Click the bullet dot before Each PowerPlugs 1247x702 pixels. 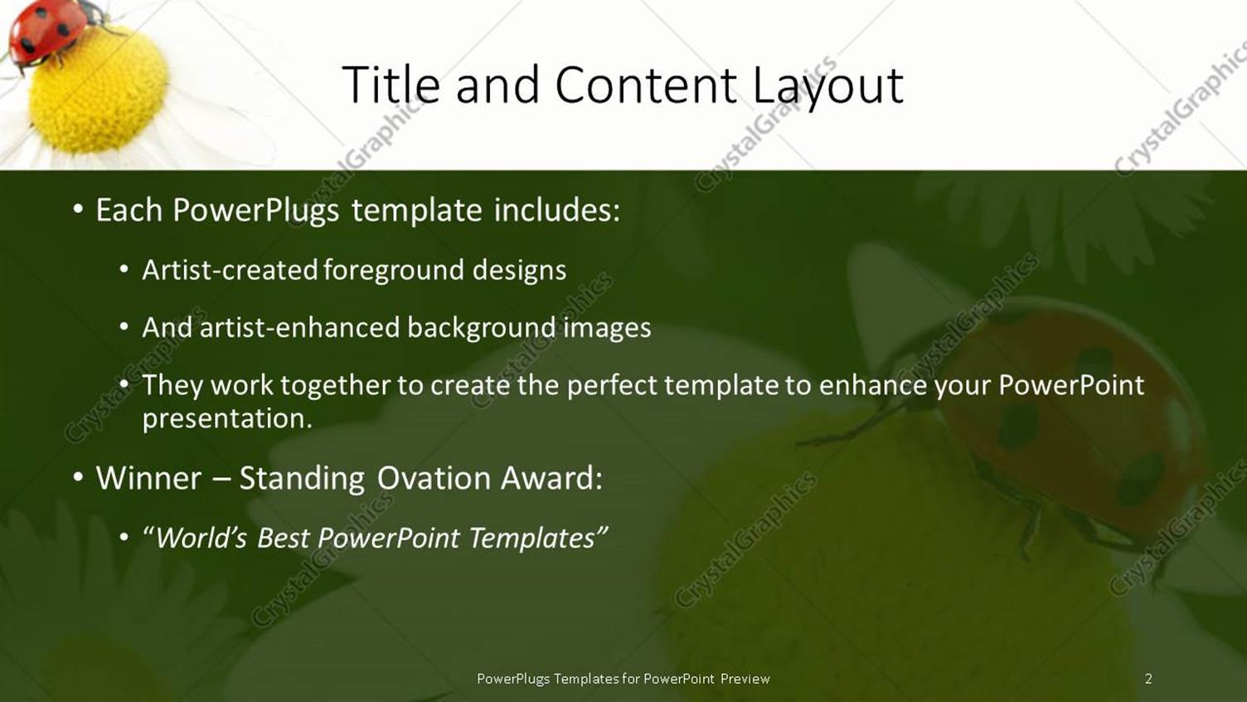point(77,210)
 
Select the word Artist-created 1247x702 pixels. point(230,271)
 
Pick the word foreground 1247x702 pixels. point(393,271)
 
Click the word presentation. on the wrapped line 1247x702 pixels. point(227,418)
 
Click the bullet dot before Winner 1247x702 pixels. point(77,478)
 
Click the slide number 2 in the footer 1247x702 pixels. point(1148,679)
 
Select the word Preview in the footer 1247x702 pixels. point(745,679)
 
